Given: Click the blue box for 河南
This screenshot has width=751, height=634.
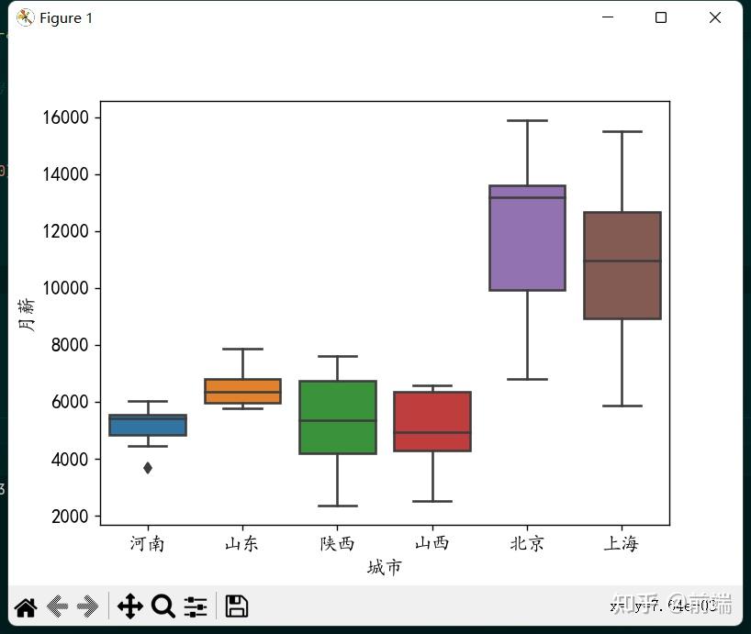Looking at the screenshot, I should [148, 425].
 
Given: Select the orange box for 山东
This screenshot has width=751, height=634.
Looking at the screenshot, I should [242, 391].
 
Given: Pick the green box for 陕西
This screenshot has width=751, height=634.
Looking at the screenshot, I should [337, 417].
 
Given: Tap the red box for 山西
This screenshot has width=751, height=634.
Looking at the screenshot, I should [432, 421].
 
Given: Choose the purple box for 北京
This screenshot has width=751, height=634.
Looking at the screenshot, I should [528, 238].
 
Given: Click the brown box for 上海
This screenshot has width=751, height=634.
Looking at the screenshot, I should [622, 265].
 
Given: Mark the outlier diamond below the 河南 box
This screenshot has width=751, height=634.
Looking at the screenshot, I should [148, 468].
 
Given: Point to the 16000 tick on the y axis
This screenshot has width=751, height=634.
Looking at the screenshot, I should [65, 117].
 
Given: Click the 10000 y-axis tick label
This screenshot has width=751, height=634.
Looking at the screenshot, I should [65, 288].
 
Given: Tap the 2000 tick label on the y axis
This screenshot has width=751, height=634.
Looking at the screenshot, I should [69, 517].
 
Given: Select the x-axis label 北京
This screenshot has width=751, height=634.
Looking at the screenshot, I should [527, 543].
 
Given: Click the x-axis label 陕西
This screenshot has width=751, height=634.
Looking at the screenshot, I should [337, 543].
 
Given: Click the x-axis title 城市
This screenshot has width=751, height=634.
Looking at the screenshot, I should [384, 568].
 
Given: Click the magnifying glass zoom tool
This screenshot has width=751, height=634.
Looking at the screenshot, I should [163, 606].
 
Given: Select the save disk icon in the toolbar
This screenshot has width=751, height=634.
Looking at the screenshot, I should [236, 606].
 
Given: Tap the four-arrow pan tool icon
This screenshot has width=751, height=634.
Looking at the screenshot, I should [129, 606].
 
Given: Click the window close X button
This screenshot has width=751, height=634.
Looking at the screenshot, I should [715, 17].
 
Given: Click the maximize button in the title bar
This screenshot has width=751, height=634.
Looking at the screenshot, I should [660, 17].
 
